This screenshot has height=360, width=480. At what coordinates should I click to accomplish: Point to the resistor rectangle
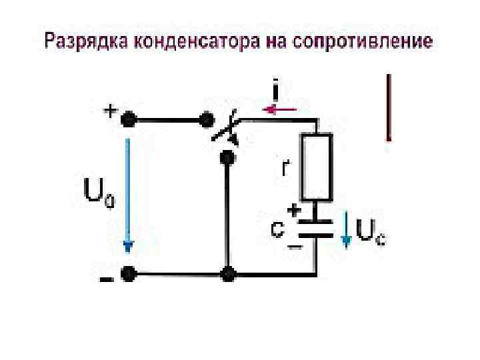click(316, 167)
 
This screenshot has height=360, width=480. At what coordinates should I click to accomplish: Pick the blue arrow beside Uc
click(347, 230)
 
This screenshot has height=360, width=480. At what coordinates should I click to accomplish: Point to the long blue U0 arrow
click(128, 193)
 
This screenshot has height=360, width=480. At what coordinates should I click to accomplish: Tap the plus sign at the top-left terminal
click(108, 111)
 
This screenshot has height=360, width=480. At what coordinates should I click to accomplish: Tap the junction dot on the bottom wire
click(228, 273)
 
